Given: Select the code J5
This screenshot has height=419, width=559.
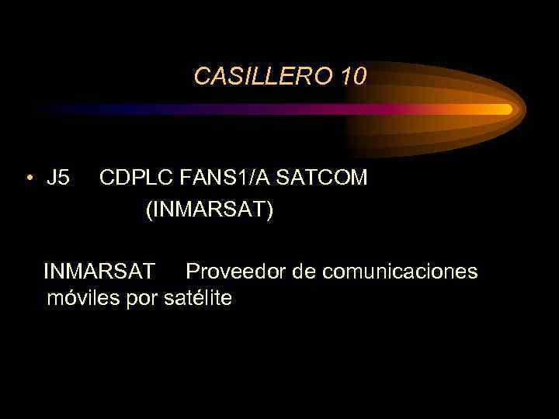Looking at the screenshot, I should click(57, 178).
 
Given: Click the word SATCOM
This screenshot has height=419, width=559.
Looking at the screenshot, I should click(322, 178).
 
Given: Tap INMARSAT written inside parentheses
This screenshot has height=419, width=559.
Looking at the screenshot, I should click(210, 210).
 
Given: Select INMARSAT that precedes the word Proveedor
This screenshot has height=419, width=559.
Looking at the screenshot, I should click(99, 272).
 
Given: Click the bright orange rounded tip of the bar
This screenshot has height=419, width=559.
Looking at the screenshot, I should click(504, 109).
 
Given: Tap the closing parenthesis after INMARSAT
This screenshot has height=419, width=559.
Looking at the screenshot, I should click(269, 211).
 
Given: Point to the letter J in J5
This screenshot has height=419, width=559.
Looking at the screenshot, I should click(51, 178).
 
